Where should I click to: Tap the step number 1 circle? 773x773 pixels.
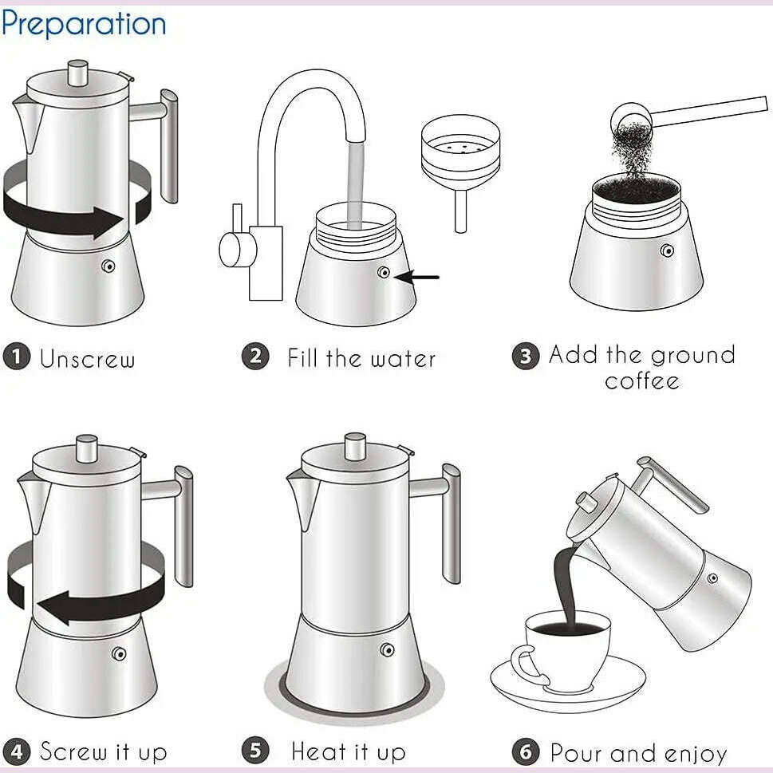(16, 356)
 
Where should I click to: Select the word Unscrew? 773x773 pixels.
(87, 358)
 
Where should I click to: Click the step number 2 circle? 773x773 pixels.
(254, 355)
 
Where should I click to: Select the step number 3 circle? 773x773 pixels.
(524, 355)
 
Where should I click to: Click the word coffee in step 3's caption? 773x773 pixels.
(641, 381)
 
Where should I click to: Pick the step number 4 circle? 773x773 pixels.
(16, 751)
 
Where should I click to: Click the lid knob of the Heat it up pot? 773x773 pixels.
(355, 448)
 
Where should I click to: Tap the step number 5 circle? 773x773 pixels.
(254, 751)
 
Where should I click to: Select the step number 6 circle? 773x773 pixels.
(524, 751)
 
